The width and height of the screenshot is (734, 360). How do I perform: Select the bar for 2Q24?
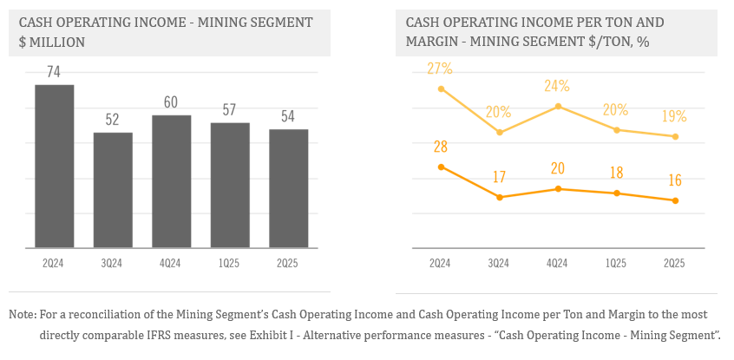click(54, 167)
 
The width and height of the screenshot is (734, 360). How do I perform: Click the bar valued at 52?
click(113, 191)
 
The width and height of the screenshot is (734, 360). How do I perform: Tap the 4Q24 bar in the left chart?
click(172, 182)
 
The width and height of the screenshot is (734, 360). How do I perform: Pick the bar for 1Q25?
click(230, 186)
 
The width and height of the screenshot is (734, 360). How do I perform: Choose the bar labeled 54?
click(289, 189)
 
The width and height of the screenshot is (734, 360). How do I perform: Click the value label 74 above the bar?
click(54, 72)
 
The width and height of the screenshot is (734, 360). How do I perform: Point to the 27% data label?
click(441, 69)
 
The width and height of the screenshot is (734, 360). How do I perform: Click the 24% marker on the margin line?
click(557, 106)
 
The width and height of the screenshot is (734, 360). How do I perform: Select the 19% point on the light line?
click(674, 136)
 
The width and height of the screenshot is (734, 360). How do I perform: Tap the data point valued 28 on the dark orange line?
click(441, 167)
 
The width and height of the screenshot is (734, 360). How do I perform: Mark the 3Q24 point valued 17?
click(499, 198)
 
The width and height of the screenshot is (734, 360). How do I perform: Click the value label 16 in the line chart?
click(674, 180)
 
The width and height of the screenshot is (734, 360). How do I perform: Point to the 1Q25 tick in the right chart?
click(616, 263)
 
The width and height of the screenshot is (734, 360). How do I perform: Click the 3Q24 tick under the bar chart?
click(113, 263)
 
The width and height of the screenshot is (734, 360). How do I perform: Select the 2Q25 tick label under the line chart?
click(674, 263)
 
